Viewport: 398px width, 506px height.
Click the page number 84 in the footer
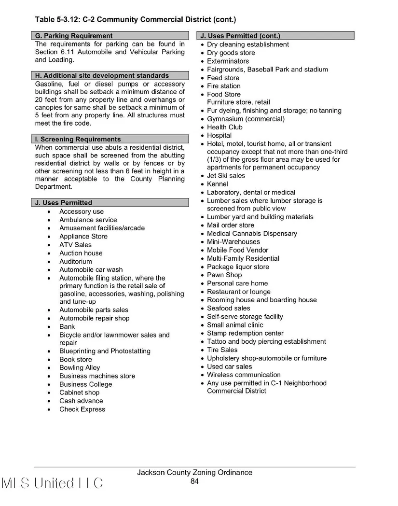click(x=194, y=481)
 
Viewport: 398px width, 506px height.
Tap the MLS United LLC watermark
click(x=53, y=483)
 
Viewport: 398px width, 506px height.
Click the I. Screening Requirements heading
click(x=78, y=139)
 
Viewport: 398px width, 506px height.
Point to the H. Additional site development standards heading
click(x=102, y=76)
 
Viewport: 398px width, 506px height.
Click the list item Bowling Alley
click(x=80, y=368)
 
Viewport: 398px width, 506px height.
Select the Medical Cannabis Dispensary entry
click(x=252, y=234)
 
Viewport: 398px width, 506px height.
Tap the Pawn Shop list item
click(x=224, y=275)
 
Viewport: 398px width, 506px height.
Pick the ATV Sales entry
click(x=75, y=245)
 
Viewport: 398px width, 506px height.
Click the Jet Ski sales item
click(x=226, y=176)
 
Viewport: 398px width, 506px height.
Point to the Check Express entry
click(x=82, y=409)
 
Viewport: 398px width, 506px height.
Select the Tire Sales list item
click(x=222, y=350)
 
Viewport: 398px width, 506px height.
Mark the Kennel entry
click(x=218, y=184)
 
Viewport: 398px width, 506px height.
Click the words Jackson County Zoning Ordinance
click(x=194, y=473)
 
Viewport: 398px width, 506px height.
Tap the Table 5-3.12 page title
click(x=135, y=20)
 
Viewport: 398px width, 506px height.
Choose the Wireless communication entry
click(x=244, y=375)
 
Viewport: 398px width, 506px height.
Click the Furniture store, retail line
click(x=238, y=102)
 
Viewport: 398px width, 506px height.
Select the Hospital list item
click(x=219, y=136)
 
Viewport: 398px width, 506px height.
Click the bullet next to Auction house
click(x=49, y=253)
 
